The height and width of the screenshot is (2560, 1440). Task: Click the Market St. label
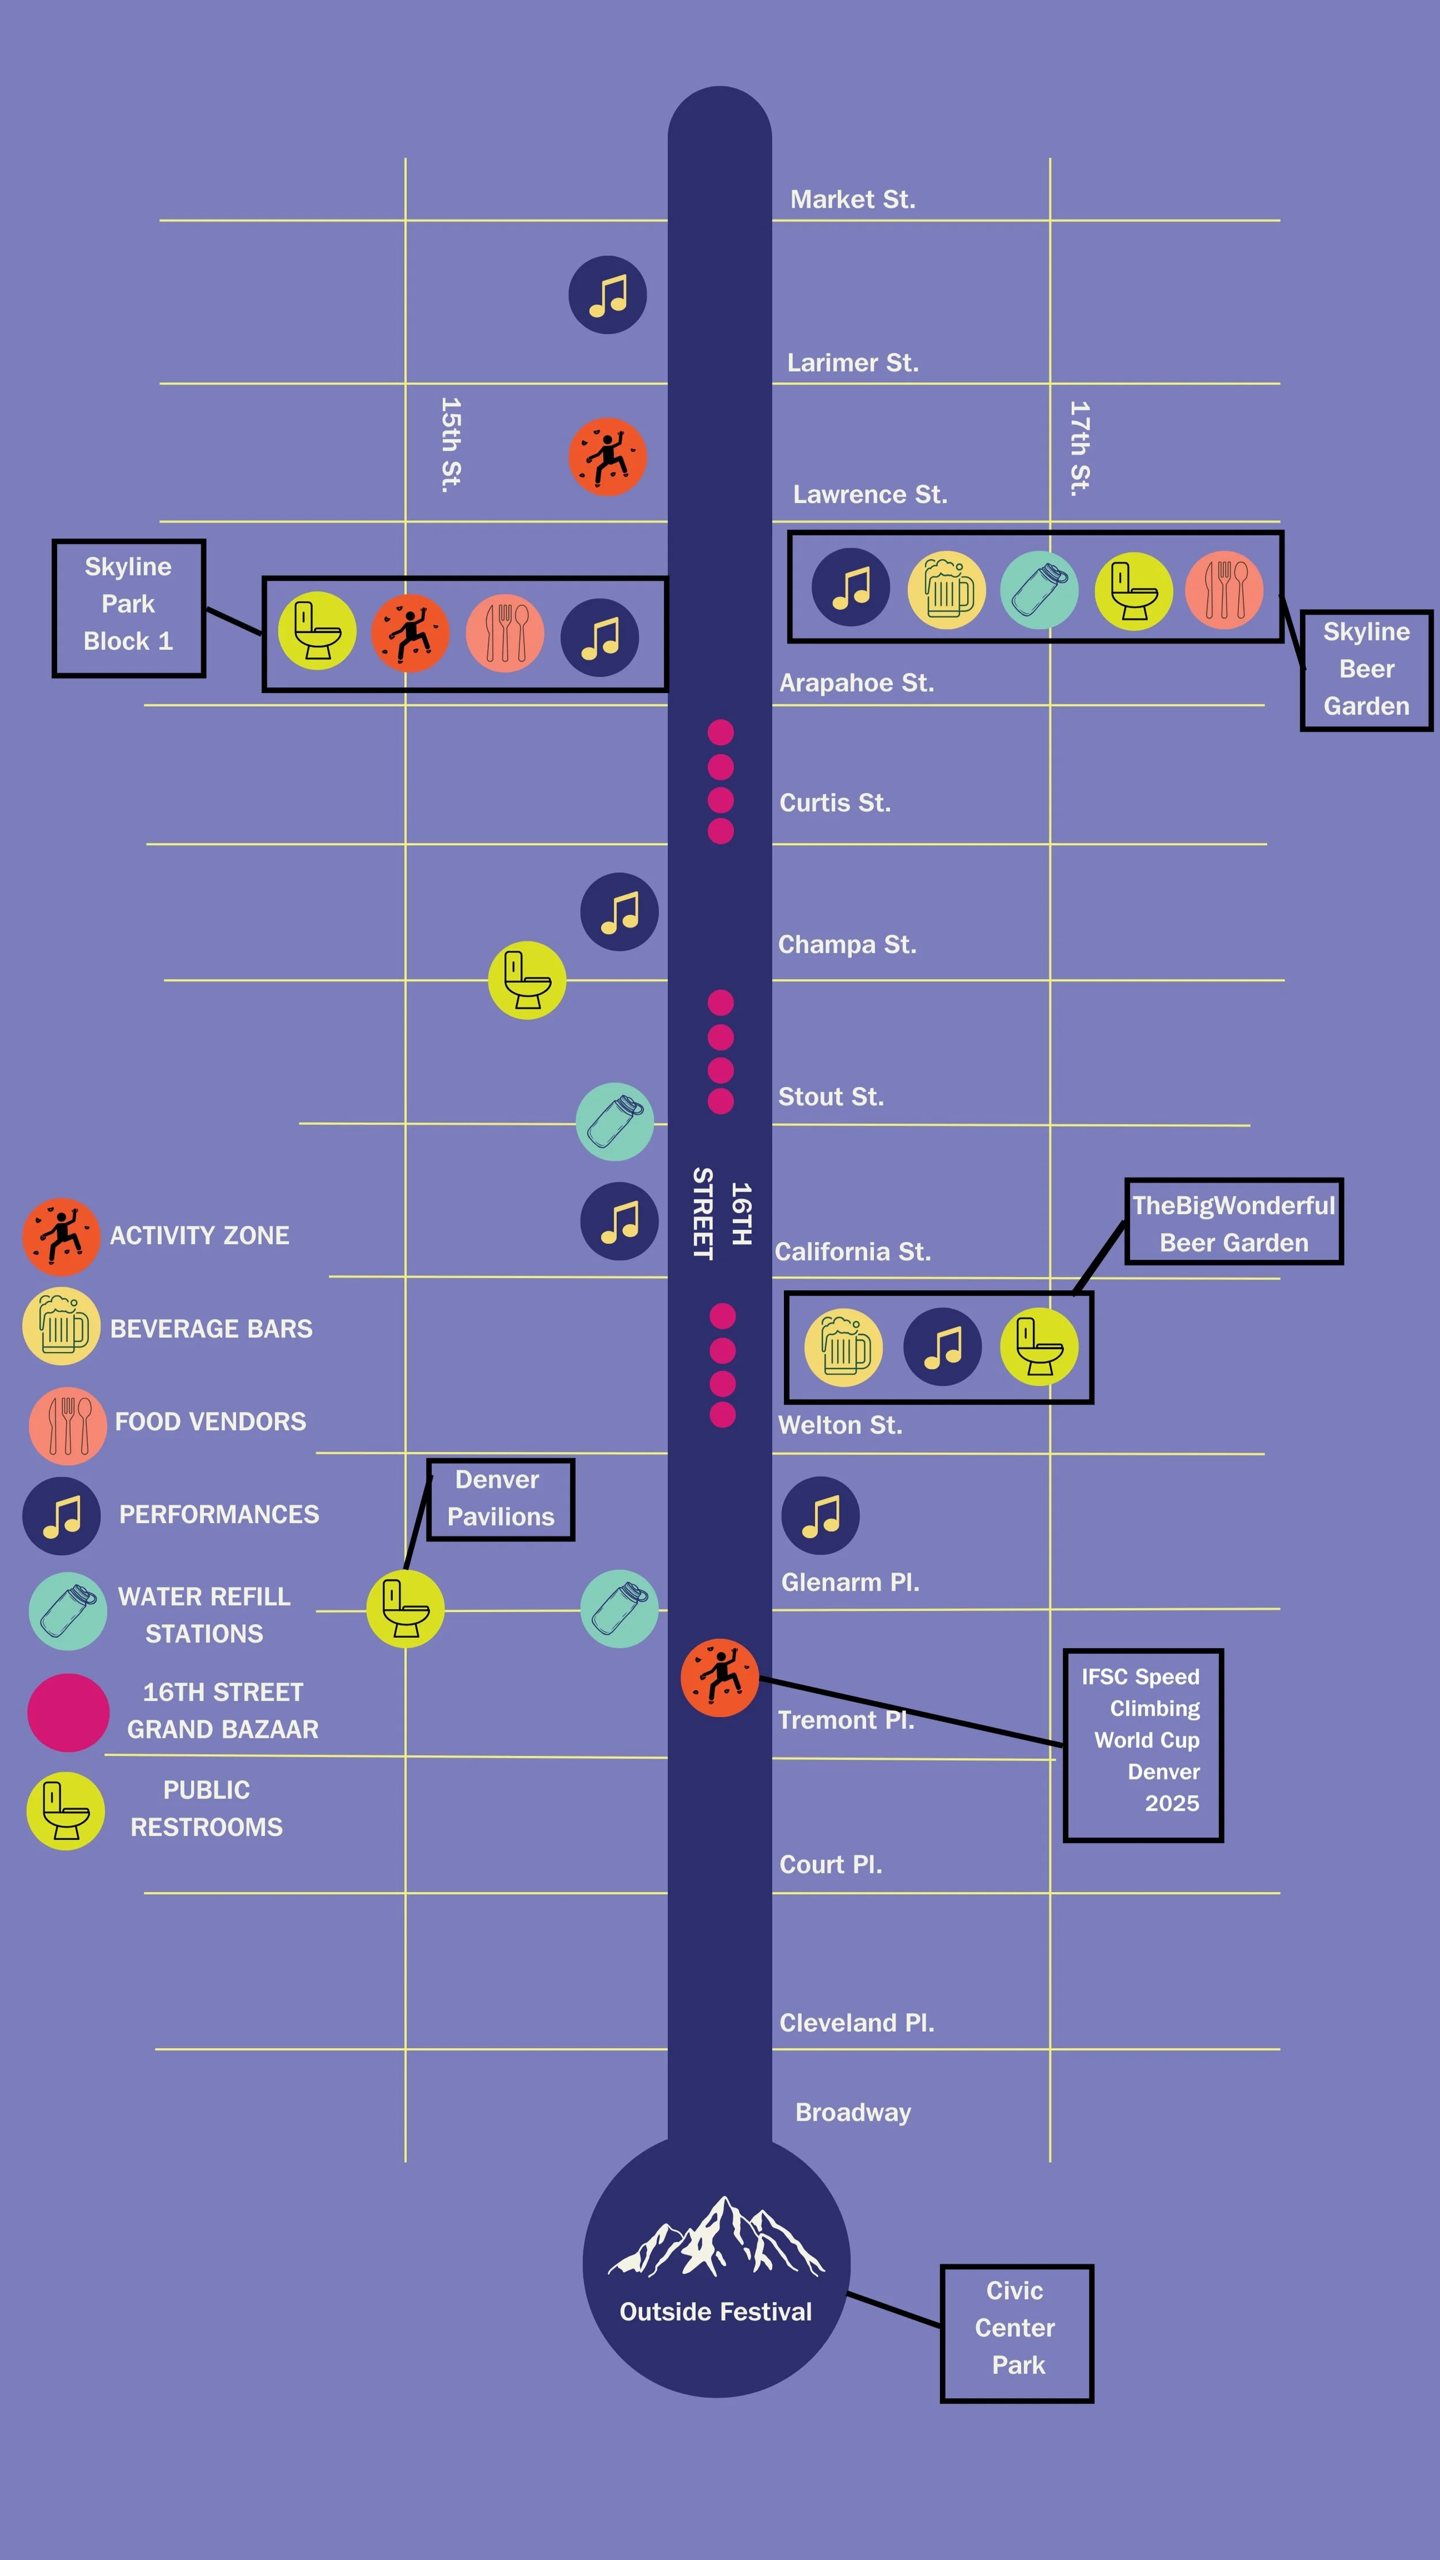click(x=852, y=200)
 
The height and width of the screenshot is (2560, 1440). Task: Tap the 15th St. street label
click(x=451, y=445)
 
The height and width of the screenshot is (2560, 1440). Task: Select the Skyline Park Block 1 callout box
click(x=128, y=608)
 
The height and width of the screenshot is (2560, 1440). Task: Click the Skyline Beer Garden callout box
click(x=1366, y=671)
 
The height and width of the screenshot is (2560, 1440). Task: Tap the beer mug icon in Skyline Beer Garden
click(x=946, y=590)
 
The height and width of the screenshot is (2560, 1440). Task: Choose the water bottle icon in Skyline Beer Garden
click(x=1039, y=590)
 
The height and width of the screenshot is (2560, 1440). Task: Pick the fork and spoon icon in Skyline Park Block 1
click(x=505, y=633)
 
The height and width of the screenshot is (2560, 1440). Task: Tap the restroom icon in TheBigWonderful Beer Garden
click(x=1039, y=1347)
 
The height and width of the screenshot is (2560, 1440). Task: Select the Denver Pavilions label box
click(x=500, y=1499)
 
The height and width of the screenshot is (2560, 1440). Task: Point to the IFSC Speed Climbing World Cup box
click(x=1143, y=1744)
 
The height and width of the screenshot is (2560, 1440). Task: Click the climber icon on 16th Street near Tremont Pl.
click(x=719, y=1677)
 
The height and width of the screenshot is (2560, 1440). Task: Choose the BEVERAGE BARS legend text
click(x=211, y=1329)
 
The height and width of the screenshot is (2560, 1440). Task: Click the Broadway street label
click(x=852, y=2113)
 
